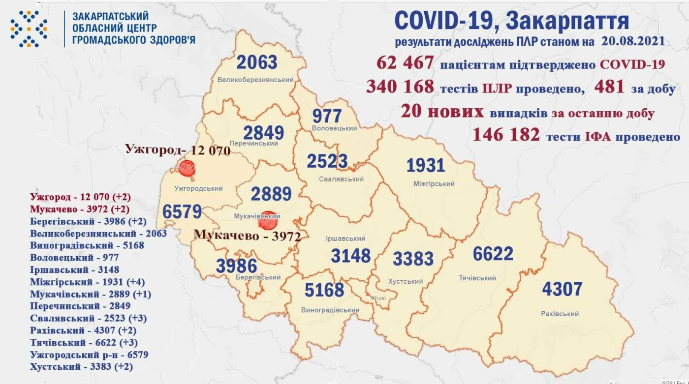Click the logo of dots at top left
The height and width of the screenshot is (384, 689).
point(29,29)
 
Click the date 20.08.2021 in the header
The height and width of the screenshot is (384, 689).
point(632,41)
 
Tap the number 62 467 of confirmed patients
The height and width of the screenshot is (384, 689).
point(405,63)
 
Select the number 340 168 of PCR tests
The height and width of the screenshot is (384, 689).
point(400,87)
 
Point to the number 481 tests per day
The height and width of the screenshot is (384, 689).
point(609,87)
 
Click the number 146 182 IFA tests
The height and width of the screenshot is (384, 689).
point(506,134)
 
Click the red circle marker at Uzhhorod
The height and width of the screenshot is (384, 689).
point(187,169)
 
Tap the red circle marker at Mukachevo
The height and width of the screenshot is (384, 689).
point(268,220)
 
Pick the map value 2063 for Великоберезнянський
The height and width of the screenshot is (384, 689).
point(257,62)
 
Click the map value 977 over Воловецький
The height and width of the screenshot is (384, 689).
point(327,116)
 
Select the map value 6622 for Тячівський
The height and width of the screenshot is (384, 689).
point(493,254)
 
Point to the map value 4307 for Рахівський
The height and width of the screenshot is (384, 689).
point(562,288)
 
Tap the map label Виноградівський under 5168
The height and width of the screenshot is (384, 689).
point(330,310)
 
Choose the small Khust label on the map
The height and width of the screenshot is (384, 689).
point(379,298)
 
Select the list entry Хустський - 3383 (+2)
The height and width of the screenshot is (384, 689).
point(81,366)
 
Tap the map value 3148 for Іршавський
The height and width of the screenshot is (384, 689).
point(350,256)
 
